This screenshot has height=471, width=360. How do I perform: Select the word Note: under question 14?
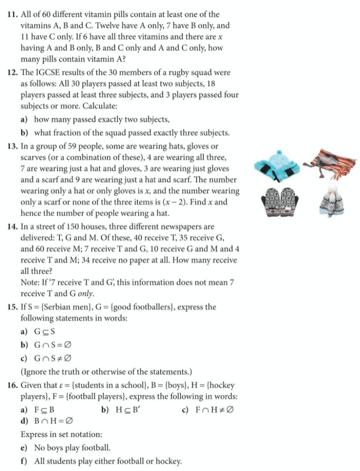point(30,282)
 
